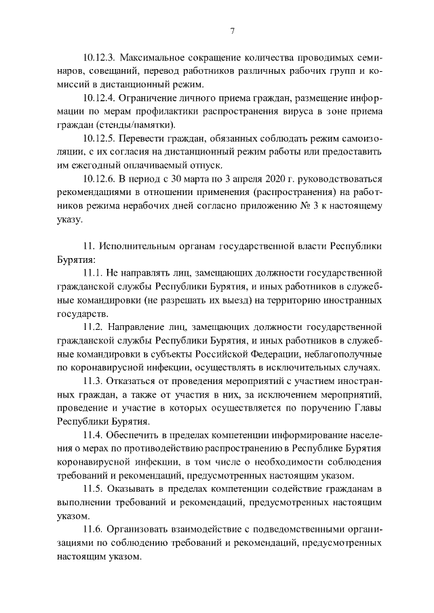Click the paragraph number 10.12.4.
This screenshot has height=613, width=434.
(99, 98)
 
